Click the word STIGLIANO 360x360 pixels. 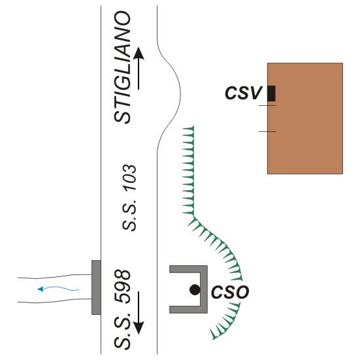click(122, 67)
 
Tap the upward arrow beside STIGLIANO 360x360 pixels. click(139, 69)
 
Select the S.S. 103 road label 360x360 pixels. click(129, 198)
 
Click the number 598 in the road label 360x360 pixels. click(122, 286)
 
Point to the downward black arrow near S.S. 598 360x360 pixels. click(139, 313)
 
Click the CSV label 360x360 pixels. click(243, 93)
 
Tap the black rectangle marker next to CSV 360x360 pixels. click(271, 93)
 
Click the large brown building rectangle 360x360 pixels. click(305, 118)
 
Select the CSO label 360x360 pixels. click(230, 292)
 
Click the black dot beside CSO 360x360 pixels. click(195, 289)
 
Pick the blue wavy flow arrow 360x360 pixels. click(58, 288)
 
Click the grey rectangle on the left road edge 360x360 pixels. click(96, 287)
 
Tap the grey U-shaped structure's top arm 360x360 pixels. click(188, 269)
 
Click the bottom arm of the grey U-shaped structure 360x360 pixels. click(188, 310)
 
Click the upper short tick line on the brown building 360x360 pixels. click(267, 105)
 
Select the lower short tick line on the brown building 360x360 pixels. click(267, 131)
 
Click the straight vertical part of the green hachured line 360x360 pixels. click(193, 171)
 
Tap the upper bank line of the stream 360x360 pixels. click(55, 276)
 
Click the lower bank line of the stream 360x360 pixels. click(55, 301)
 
